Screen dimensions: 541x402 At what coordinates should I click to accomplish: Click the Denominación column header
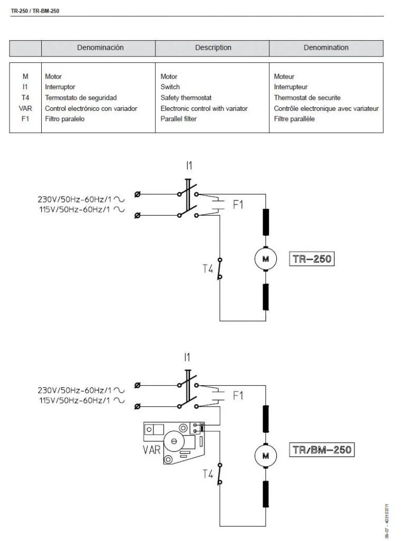[100, 48]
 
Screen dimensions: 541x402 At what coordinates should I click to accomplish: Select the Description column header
[213, 48]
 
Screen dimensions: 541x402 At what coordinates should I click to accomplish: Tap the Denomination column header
[326, 48]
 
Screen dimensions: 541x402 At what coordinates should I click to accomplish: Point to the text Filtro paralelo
[64, 119]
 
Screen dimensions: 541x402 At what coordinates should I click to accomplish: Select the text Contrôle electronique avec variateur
[326, 108]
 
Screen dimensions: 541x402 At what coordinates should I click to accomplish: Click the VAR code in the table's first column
[25, 108]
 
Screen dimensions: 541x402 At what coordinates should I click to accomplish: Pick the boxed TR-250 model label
[312, 259]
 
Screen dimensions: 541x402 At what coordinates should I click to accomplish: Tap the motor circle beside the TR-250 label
[265, 259]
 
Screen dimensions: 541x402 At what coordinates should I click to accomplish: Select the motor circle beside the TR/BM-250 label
[265, 455]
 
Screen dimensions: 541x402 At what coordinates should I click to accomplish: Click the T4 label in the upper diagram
[207, 269]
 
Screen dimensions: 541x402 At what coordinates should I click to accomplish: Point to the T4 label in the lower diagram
[208, 474]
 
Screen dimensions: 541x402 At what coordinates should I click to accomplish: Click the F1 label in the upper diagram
[238, 204]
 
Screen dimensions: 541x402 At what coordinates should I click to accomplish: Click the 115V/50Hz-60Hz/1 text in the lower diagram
[75, 400]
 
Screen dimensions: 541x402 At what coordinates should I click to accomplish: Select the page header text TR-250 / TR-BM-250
[31, 10]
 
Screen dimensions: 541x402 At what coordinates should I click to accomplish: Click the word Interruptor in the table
[60, 87]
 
